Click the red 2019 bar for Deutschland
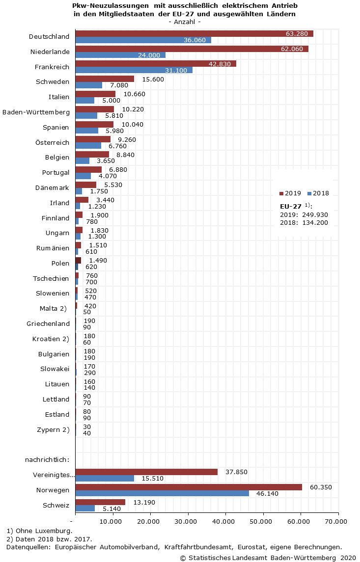click(194, 33)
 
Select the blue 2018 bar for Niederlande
click(120, 55)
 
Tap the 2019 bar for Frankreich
click(156, 64)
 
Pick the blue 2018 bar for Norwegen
click(162, 493)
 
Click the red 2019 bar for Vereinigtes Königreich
click(146, 472)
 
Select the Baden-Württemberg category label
click(36, 112)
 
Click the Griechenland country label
click(48, 324)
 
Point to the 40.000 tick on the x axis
click(225, 521)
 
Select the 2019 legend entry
click(290, 193)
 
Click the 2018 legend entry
click(318, 193)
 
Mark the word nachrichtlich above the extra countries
click(47, 459)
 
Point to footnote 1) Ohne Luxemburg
click(39, 531)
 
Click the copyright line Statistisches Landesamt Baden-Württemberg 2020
click(268, 558)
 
